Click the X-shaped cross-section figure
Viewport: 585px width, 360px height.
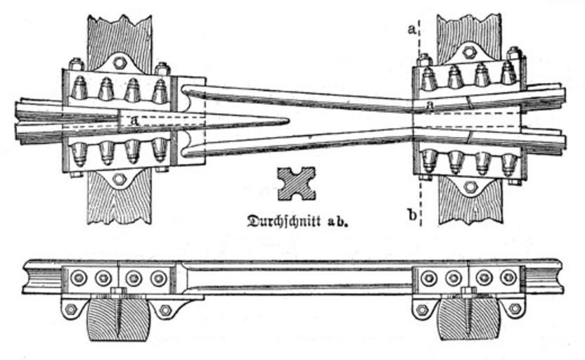[x=295, y=184]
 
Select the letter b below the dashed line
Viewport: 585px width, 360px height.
[x=411, y=214]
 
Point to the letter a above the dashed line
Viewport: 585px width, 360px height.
[x=411, y=28]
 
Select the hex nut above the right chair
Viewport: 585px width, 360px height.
[x=470, y=51]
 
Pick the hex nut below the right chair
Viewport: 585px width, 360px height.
[x=470, y=186]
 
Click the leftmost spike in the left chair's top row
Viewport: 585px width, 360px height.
[x=79, y=88]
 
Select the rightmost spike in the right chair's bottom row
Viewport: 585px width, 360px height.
[x=509, y=163]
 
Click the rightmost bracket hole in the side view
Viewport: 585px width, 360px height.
[x=515, y=309]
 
